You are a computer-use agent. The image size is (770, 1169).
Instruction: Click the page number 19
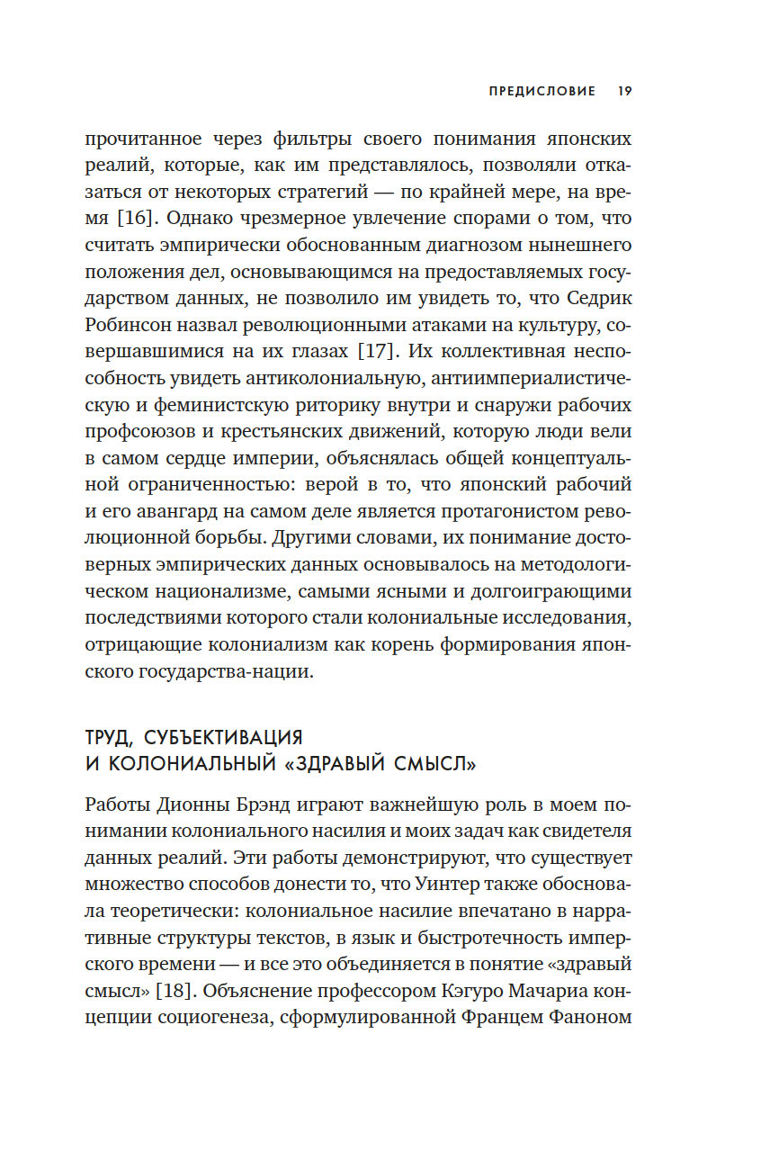coord(625,91)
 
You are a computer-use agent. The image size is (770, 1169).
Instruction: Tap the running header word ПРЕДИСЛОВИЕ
coord(542,91)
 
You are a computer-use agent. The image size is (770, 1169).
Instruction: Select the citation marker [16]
coord(138,219)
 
